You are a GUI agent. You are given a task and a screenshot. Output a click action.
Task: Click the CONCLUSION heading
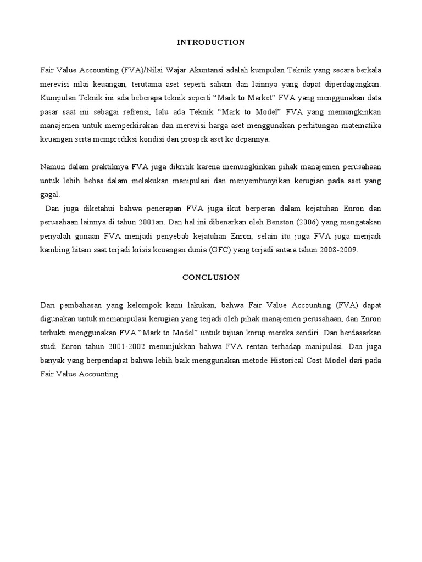click(211, 277)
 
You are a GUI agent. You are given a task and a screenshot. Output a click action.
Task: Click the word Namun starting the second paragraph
click(53, 167)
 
